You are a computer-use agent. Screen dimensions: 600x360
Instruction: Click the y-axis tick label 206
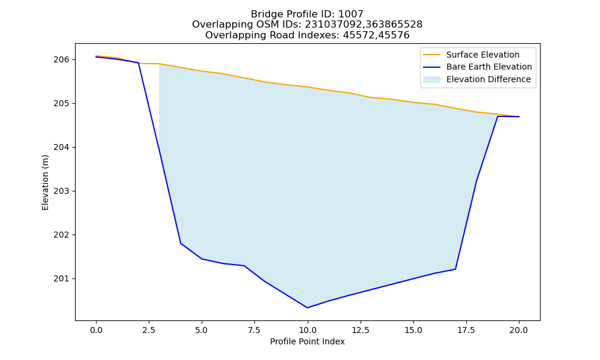click(61, 59)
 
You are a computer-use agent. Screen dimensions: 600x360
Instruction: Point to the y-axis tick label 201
click(61, 279)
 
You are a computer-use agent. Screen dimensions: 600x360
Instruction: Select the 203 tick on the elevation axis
click(61, 191)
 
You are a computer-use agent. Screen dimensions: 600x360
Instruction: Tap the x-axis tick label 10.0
click(307, 330)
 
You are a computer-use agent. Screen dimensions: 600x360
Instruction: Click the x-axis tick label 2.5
click(149, 330)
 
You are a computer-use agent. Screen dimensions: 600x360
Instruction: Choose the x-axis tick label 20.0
click(519, 330)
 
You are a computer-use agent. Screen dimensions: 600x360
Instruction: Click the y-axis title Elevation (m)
click(45, 182)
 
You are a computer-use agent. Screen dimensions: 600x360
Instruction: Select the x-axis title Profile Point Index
click(307, 341)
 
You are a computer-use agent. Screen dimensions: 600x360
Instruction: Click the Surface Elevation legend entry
click(483, 55)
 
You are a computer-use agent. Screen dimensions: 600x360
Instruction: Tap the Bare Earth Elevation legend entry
click(489, 67)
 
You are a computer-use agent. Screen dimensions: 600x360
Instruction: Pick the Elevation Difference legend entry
click(488, 80)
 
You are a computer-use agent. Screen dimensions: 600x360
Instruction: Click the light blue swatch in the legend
click(431, 80)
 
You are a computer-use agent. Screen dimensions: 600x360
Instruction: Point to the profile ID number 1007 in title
click(350, 14)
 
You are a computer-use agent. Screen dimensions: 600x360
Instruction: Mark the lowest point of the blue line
click(307, 308)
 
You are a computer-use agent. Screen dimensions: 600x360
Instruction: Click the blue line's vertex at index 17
click(455, 269)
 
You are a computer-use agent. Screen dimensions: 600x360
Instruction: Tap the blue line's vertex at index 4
click(181, 244)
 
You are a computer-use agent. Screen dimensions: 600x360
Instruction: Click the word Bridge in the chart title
click(263, 14)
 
